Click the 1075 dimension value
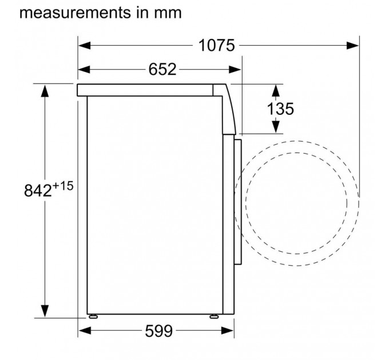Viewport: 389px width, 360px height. (x=217, y=46)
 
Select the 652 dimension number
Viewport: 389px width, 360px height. (x=162, y=69)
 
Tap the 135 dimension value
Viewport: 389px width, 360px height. (x=280, y=109)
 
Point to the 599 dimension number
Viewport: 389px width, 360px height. (x=158, y=331)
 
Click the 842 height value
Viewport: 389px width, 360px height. (x=38, y=190)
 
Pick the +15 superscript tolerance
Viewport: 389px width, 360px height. (x=63, y=186)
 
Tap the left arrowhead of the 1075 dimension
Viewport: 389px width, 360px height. (x=84, y=46)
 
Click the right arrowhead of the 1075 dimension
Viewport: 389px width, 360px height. (x=352, y=46)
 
